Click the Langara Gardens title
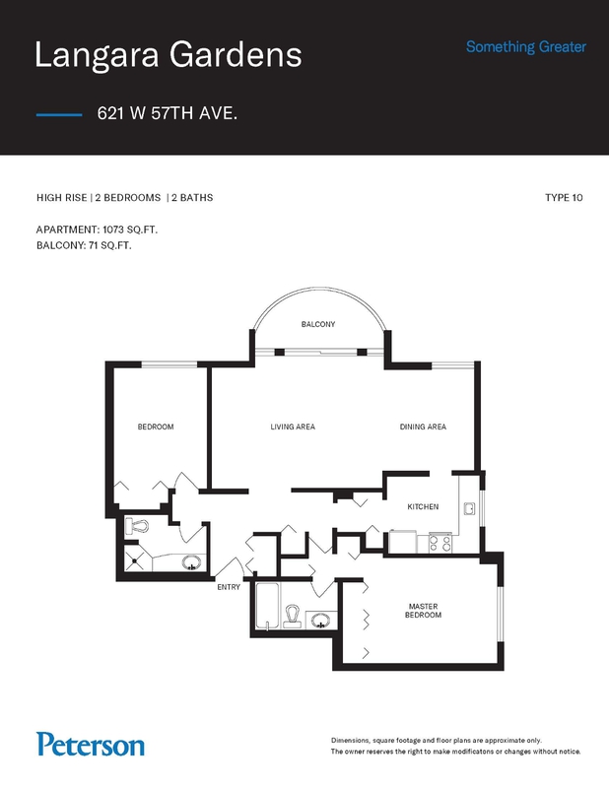168,55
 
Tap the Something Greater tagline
526,46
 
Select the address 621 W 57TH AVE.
167,113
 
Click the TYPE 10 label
564,198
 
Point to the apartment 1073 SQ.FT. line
97,230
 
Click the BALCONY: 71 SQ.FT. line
84,245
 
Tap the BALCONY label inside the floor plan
318,324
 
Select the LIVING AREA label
293,427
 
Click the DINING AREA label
423,427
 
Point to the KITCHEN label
423,506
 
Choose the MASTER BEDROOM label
423,611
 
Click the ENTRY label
229,587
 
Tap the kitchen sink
469,508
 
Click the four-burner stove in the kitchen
440,544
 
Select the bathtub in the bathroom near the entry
267,606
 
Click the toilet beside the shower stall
137,526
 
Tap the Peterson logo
91,745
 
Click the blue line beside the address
59,115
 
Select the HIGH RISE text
61,198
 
